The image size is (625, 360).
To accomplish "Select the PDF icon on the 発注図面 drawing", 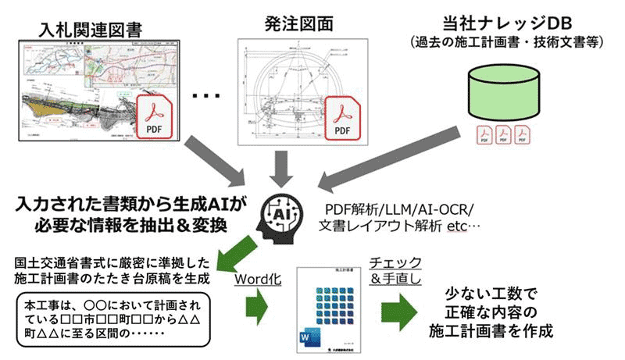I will (x=345, y=119).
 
